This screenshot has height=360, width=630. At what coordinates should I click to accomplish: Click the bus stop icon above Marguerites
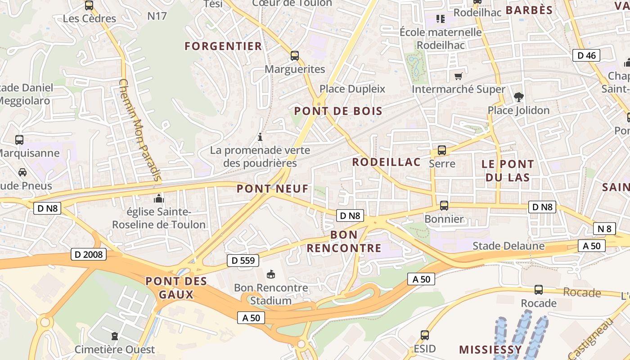[x=295, y=56]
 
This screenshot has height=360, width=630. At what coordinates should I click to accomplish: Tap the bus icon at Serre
[x=442, y=150]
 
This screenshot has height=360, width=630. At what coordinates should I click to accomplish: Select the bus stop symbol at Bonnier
[x=444, y=206]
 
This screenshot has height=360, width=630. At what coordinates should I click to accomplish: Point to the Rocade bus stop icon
[x=539, y=290]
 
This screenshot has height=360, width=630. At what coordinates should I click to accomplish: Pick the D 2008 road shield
[x=89, y=255]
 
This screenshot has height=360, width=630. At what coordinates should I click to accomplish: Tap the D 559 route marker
[x=243, y=260]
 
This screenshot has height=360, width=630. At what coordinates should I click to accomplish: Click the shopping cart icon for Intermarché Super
[x=458, y=76]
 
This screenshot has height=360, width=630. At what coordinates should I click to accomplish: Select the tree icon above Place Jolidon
[x=518, y=97]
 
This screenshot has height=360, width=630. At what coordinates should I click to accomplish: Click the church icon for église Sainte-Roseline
[x=158, y=198]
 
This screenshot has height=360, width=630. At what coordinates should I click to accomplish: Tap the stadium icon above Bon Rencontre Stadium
[x=271, y=274]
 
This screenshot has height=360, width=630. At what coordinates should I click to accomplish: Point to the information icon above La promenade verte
[x=260, y=137]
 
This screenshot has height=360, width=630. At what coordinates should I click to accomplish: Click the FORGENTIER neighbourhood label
[x=223, y=46]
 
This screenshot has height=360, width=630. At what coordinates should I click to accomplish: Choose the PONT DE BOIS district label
[x=338, y=111]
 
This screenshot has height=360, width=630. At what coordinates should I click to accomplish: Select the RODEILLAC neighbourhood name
[x=386, y=162]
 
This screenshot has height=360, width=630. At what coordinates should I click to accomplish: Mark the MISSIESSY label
[x=490, y=350]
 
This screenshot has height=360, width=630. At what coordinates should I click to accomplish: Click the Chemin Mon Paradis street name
[x=140, y=130]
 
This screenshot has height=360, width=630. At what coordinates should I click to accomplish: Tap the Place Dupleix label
[x=352, y=89]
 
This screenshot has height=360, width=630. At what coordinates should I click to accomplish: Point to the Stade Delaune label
[x=508, y=246]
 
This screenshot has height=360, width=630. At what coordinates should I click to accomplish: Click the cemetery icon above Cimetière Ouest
[x=115, y=336]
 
